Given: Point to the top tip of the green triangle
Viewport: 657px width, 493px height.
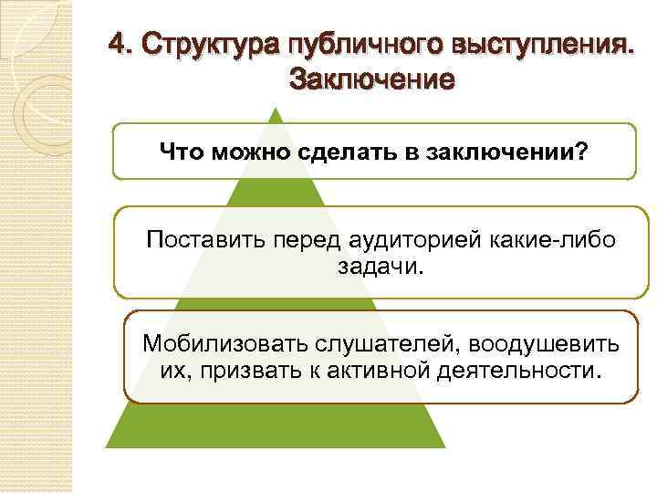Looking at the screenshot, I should click(277, 110).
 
